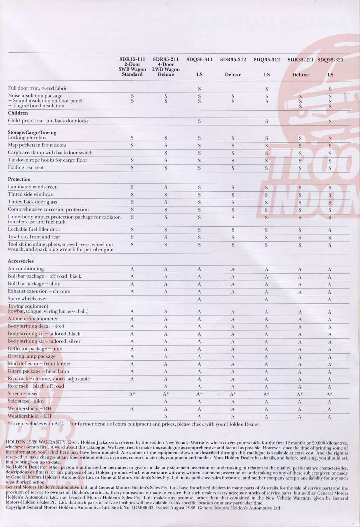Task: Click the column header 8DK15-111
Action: pyautogui.click(x=132, y=59)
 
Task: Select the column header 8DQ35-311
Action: pyautogui.click(x=199, y=60)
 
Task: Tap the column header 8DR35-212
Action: pyautogui.click(x=233, y=60)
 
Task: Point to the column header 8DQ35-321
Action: pyautogui.click(x=330, y=60)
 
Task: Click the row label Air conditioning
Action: pyautogui.click(x=26, y=269)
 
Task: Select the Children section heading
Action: pyautogui.click(x=18, y=113)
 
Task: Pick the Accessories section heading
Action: pyautogui.click(x=21, y=261)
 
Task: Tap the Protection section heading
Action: pyautogui.click(x=19, y=179)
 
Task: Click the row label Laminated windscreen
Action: pyautogui.click(x=33, y=187)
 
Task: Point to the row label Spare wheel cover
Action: pyautogui.click(x=27, y=299)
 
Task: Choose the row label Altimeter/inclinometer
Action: pyautogui.click(x=33, y=319)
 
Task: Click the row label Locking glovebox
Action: pyautogui.click(x=27, y=138)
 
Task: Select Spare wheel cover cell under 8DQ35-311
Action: pyautogui.click(x=199, y=299)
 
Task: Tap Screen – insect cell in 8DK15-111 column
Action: pyautogui.click(x=132, y=394)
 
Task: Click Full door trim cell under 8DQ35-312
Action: pyautogui.click(x=267, y=89)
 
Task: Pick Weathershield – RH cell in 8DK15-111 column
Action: pyautogui.click(x=132, y=409)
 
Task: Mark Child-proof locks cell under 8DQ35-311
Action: pyautogui.click(x=199, y=121)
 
